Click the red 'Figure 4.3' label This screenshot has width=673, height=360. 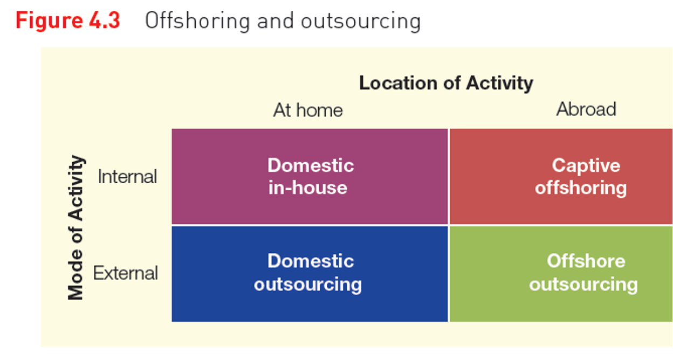pyautogui.click(x=68, y=20)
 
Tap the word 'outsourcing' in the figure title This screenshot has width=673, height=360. pyautogui.click(x=360, y=21)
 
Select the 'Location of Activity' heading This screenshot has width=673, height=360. pyautogui.click(x=446, y=83)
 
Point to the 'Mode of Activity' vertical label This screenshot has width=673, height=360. pyautogui.click(x=77, y=227)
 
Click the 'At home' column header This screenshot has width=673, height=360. pyautogui.click(x=308, y=110)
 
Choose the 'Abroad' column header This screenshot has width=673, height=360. pyautogui.click(x=586, y=109)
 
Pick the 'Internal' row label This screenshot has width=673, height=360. pyautogui.click(x=127, y=177)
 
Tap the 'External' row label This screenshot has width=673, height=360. pyautogui.click(x=126, y=273)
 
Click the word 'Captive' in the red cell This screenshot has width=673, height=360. pyautogui.click(x=586, y=165)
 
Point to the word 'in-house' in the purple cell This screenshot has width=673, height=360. pyautogui.click(x=308, y=188)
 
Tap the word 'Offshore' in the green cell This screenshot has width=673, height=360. pyautogui.click(x=586, y=261)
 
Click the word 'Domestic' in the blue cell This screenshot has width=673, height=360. pyautogui.click(x=311, y=261)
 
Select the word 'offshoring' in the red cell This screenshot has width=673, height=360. pyautogui.click(x=581, y=188)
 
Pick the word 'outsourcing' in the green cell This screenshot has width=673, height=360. pyautogui.click(x=583, y=284)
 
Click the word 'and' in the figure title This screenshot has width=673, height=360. pyautogui.click(x=276, y=20)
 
